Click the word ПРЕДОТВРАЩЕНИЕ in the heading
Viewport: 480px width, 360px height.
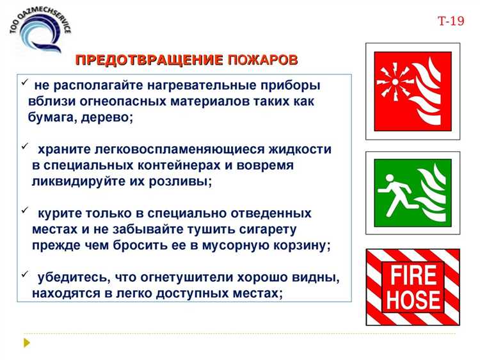[148, 60]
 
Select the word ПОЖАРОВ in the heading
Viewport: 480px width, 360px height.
[262, 60]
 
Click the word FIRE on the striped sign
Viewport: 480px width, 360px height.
[413, 275]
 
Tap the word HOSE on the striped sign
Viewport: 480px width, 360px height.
[413, 299]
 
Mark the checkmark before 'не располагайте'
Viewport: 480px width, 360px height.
[23, 83]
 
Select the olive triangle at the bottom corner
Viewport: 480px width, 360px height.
[26, 342]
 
